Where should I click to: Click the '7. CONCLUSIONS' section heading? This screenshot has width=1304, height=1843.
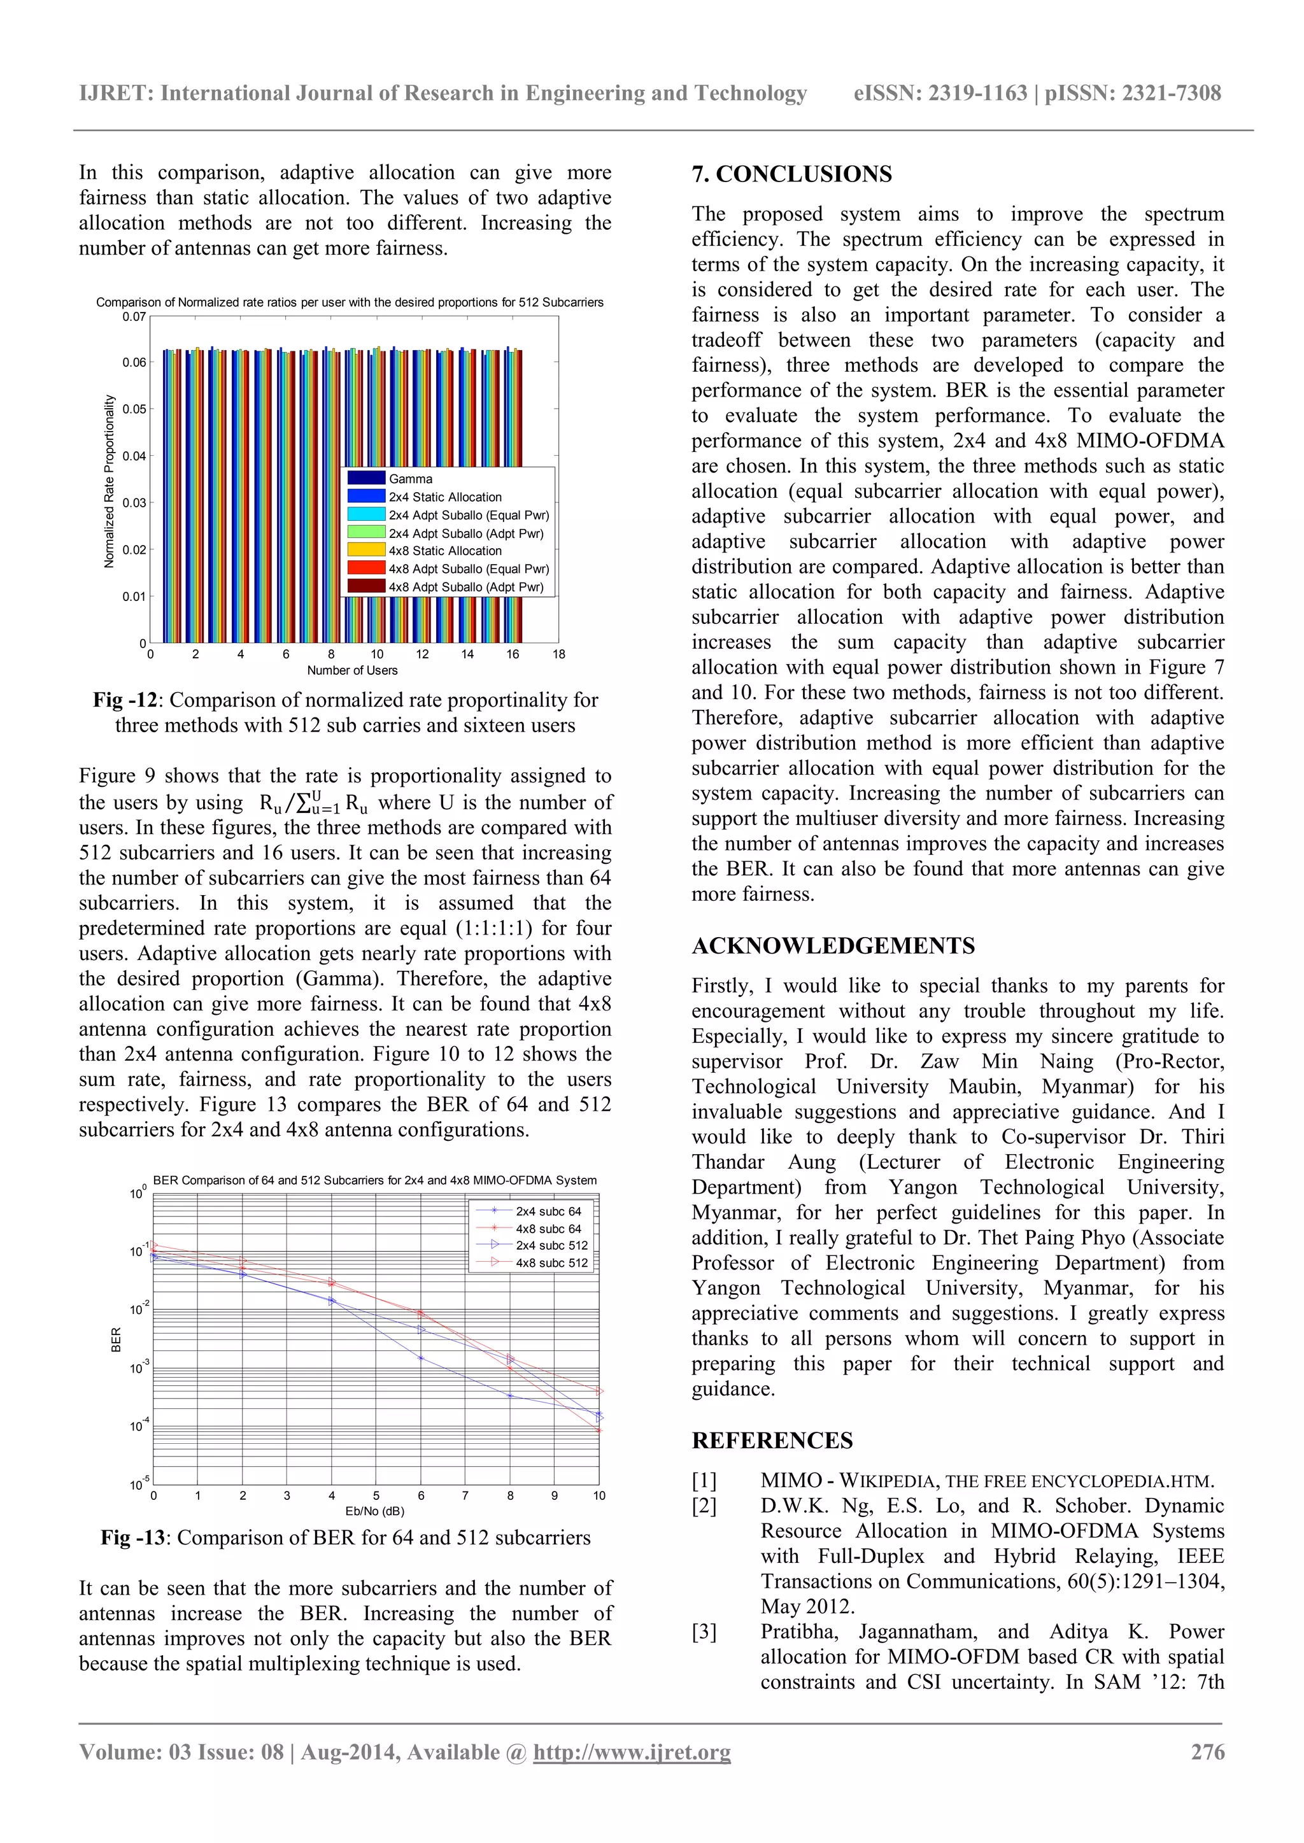pyautogui.click(x=791, y=174)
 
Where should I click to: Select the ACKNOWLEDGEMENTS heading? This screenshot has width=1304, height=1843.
pyautogui.click(x=833, y=945)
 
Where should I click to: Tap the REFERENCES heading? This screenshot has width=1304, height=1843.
pyautogui.click(x=772, y=1440)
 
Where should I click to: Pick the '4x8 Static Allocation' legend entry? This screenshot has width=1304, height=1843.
pyautogui.click(x=445, y=551)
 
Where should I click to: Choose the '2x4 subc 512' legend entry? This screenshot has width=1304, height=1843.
pyautogui.click(x=551, y=1245)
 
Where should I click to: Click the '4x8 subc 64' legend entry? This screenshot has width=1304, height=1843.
pyautogui.click(x=548, y=1228)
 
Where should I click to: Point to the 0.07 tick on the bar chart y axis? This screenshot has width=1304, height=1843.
pyautogui.click(x=134, y=316)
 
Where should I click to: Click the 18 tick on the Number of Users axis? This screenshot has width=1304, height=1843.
pyautogui.click(x=558, y=654)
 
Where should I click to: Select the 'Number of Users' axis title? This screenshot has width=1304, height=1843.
pyautogui.click(x=351, y=670)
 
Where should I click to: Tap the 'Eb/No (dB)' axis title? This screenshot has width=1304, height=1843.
pyautogui.click(x=374, y=1511)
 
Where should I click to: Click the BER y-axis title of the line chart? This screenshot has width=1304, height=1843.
pyautogui.click(x=117, y=1339)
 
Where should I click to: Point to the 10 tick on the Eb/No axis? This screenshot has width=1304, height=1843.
pyautogui.click(x=599, y=1495)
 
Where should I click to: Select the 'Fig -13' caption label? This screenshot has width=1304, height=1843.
pyautogui.click(x=132, y=1537)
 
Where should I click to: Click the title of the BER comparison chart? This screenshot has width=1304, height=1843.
pyautogui.click(x=374, y=1180)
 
